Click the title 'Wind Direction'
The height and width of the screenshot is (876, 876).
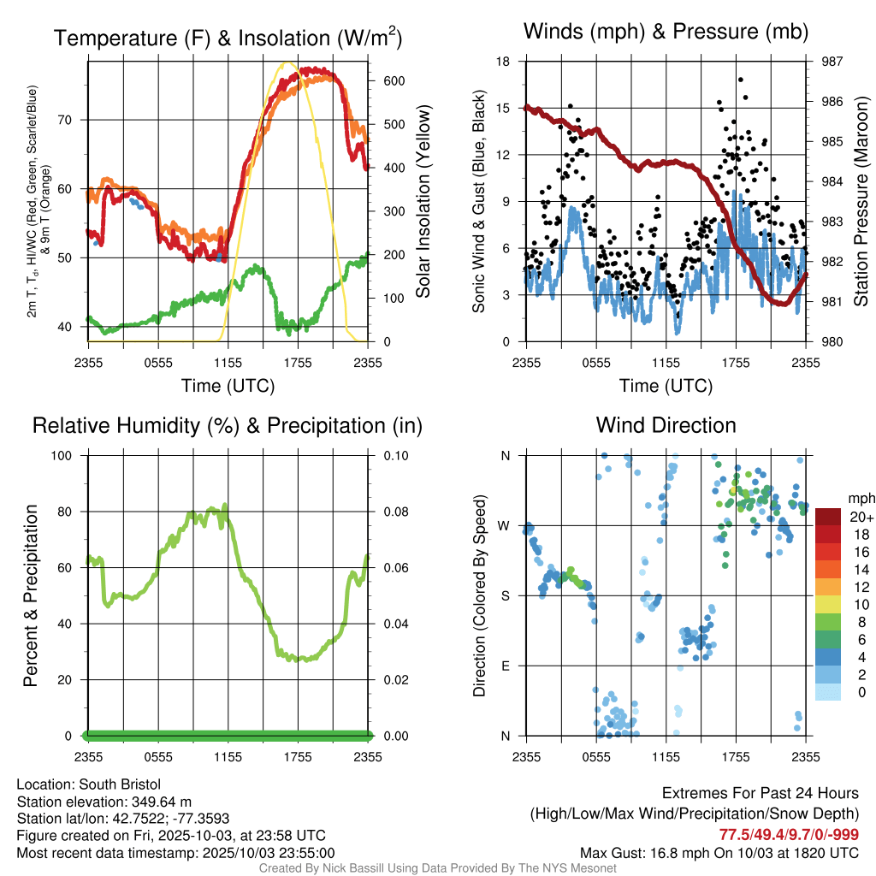point(666,425)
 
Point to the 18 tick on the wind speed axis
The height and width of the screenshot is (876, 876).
point(503,62)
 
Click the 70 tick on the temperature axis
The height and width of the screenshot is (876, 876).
point(72,120)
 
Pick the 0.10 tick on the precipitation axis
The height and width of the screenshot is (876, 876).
point(394,455)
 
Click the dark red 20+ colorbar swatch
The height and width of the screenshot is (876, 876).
point(828,518)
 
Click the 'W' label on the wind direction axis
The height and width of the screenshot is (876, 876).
point(506,525)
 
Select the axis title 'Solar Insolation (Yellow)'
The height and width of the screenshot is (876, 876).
point(423,202)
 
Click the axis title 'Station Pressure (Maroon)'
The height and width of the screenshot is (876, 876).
point(861,202)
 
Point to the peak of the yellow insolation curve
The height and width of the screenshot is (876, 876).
point(287,62)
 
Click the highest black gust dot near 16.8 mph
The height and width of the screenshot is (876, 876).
point(740,80)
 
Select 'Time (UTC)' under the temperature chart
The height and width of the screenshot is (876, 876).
point(228,386)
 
